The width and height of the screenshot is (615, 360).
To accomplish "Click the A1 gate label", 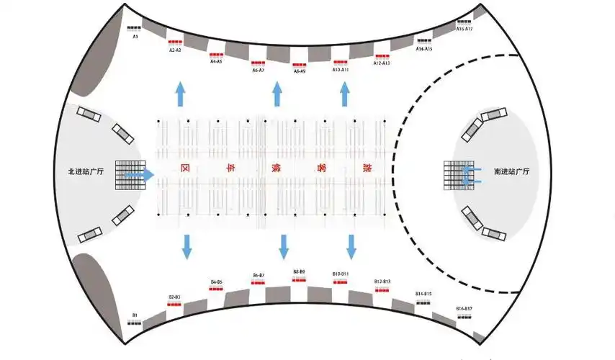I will [135, 35].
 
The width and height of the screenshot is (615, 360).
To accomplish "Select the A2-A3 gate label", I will [175, 50].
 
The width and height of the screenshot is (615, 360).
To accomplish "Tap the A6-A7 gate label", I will [258, 71].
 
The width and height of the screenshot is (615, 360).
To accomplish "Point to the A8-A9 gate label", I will [300, 71].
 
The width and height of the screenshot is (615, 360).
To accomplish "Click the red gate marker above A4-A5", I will [216, 55].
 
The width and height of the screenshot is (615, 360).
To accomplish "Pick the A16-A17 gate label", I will [464, 29].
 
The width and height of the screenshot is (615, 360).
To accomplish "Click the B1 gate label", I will [135, 315].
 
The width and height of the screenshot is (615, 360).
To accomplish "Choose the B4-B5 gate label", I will [216, 282].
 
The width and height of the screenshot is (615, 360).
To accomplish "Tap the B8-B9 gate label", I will [300, 271].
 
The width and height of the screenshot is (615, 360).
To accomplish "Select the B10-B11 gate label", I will [341, 274].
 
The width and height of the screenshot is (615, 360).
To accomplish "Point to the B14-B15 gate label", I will [423, 294].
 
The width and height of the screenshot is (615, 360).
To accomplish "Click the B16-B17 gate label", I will [464, 308].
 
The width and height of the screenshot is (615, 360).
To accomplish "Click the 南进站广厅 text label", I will [511, 173].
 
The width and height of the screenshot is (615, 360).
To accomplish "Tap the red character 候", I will [276, 168].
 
